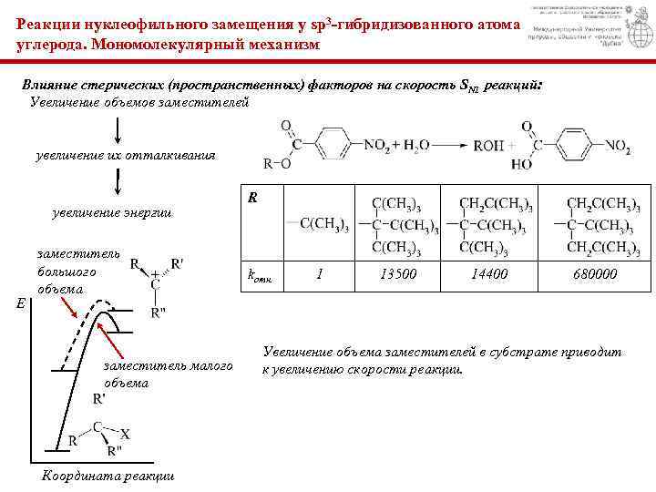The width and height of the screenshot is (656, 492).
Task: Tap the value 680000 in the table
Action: pyautogui.click(x=595, y=274)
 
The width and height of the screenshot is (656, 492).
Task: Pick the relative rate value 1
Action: pyautogui.click(x=319, y=273)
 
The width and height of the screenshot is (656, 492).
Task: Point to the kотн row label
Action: pyautogui.click(x=261, y=274)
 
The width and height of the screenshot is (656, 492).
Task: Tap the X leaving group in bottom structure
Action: pyautogui.click(x=125, y=436)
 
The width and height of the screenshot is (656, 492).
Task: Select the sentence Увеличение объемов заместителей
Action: pyautogui.click(x=140, y=103)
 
